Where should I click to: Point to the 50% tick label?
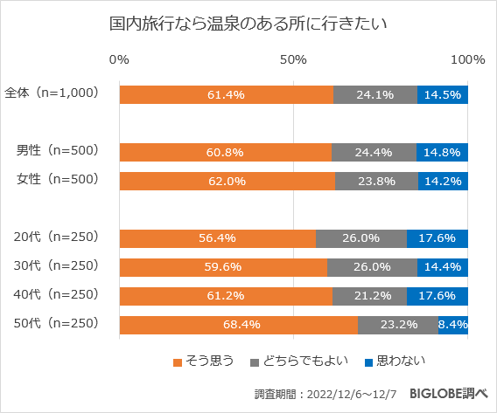pos(293,60)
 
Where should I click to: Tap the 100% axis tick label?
pos(467,60)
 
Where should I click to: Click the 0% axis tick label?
pos(120,60)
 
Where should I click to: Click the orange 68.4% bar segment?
pos(239,324)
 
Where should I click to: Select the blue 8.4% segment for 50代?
pos(453,324)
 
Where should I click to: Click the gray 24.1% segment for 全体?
pos(375,94)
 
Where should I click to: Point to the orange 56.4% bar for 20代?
pos(218,238)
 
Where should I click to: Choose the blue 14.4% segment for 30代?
pos(443,267)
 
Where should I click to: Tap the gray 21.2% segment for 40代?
pos(369,296)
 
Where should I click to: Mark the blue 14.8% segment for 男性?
pos(442,152)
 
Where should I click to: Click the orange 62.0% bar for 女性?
pos(227,182)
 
